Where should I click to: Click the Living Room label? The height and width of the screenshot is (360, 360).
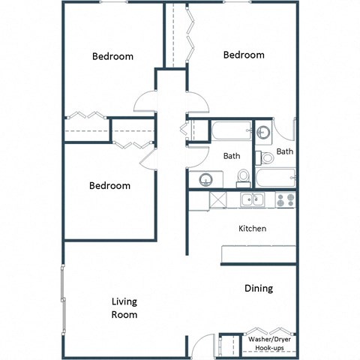[124, 308]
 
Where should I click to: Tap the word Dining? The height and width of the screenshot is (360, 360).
[258, 288]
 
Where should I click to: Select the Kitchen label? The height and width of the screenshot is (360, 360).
[253, 228]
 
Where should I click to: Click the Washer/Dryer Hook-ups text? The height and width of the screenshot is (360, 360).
[271, 343]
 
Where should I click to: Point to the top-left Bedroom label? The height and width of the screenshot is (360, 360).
[112, 56]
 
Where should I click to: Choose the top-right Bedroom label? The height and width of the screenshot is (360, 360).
[244, 55]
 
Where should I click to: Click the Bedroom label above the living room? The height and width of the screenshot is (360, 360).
[109, 185]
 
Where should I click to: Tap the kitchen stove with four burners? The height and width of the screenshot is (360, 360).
[284, 200]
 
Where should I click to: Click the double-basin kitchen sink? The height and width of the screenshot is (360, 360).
[252, 199]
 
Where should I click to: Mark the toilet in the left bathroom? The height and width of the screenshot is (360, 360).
[242, 177]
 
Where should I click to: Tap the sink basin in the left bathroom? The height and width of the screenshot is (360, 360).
[205, 180]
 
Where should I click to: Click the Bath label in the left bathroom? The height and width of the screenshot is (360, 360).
[232, 157]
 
